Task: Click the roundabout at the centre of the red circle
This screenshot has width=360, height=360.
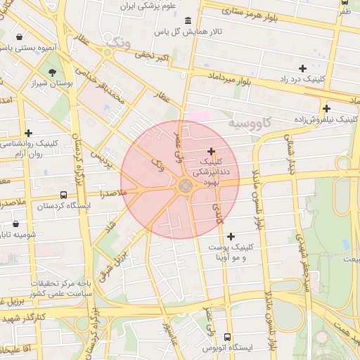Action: click(186, 186)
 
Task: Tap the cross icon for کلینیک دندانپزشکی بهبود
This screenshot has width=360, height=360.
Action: click(211, 151)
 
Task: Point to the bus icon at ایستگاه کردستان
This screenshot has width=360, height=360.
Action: click(64, 195)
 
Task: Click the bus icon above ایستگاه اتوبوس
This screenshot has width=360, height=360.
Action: click(226, 337)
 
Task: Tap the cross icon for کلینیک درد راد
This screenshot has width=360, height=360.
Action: click(302, 68)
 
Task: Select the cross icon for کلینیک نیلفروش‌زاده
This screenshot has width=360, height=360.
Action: click(326, 108)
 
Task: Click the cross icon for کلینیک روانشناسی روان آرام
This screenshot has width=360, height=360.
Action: click(28, 133)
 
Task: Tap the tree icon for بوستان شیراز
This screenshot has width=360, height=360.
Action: click(53, 72)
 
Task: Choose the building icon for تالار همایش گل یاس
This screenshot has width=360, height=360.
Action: click(186, 20)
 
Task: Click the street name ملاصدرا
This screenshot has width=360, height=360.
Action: click(113, 191)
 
